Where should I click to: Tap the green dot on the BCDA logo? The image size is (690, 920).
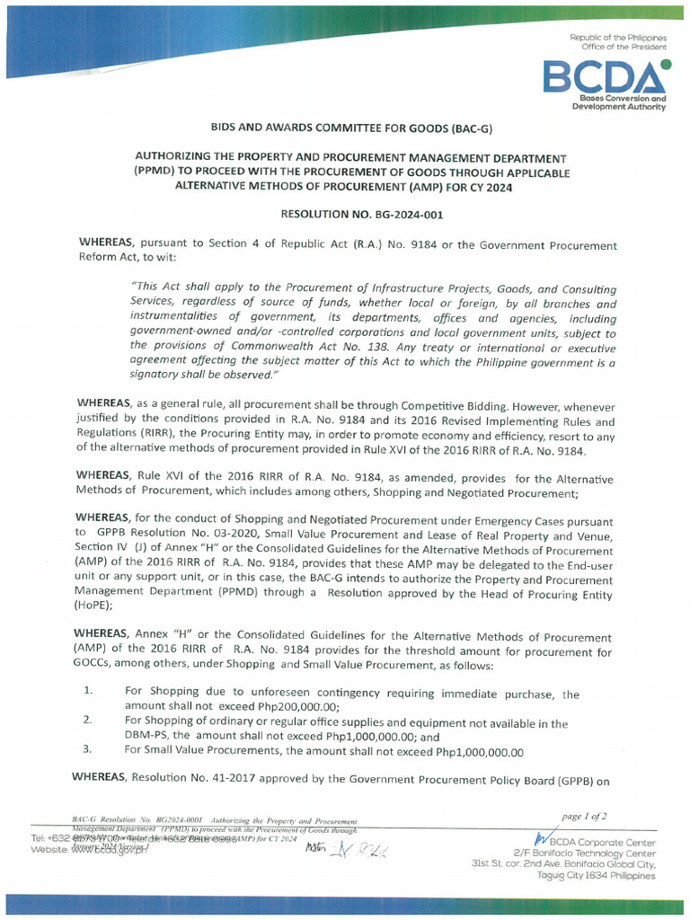pyautogui.click(x=664, y=64)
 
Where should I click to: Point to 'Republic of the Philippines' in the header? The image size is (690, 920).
pyautogui.click(x=618, y=37)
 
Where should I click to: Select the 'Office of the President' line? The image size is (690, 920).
pyautogui.click(x=624, y=46)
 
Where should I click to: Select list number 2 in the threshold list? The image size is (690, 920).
pyautogui.click(x=87, y=721)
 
